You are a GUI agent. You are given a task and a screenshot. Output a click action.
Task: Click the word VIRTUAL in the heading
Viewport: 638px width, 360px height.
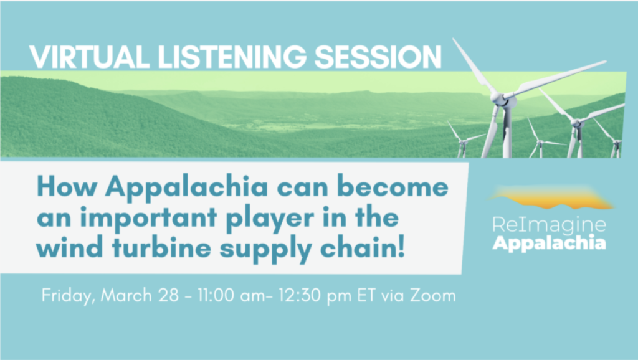point(90,57)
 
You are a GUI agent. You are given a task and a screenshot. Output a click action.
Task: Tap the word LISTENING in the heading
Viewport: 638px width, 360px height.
point(232,57)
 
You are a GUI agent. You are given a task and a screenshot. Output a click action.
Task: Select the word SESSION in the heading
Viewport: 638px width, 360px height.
point(378,57)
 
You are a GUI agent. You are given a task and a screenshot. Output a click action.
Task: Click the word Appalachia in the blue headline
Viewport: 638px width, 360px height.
point(187,187)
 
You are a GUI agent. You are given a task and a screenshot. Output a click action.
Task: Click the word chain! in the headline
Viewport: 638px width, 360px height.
point(363,247)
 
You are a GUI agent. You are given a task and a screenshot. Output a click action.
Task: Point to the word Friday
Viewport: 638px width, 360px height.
point(69,296)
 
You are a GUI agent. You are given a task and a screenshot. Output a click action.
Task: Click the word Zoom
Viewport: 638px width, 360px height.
point(433,295)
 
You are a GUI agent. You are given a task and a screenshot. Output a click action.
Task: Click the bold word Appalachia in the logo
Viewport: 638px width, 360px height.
point(549,243)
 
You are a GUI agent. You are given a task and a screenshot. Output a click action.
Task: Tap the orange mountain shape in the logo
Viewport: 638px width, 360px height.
point(551,199)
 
